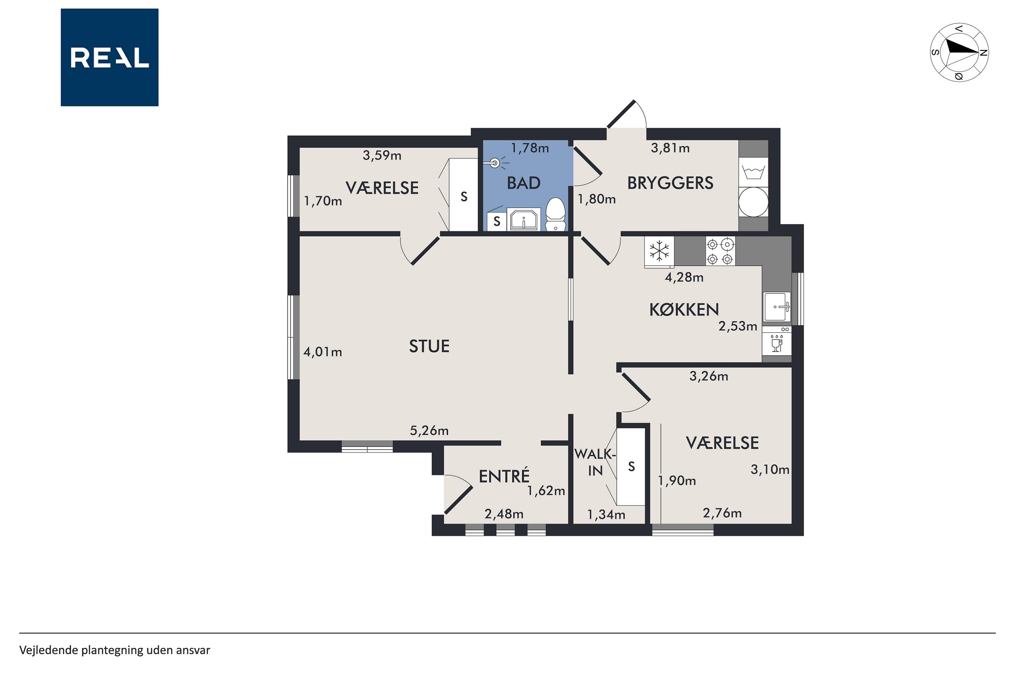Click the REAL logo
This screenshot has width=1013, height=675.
[x=109, y=57]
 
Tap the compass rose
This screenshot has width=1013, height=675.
[x=959, y=53]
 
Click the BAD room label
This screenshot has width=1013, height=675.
[x=524, y=183]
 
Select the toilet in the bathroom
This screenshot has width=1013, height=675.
[x=555, y=214]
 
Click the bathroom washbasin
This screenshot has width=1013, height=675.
[x=523, y=220]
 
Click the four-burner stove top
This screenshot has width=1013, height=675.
[x=720, y=251]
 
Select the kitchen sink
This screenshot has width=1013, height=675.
[x=777, y=307]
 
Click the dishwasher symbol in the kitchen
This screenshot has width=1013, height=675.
[x=777, y=341]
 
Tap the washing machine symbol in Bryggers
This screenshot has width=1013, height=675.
[x=753, y=172]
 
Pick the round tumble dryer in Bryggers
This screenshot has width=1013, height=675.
[x=753, y=202]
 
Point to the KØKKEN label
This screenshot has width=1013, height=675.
[x=684, y=309]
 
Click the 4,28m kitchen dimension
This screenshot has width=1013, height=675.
[x=684, y=277]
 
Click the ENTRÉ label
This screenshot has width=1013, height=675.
[x=504, y=477]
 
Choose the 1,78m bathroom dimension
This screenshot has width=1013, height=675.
[x=530, y=148]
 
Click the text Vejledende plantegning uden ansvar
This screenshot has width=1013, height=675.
[x=114, y=650]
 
